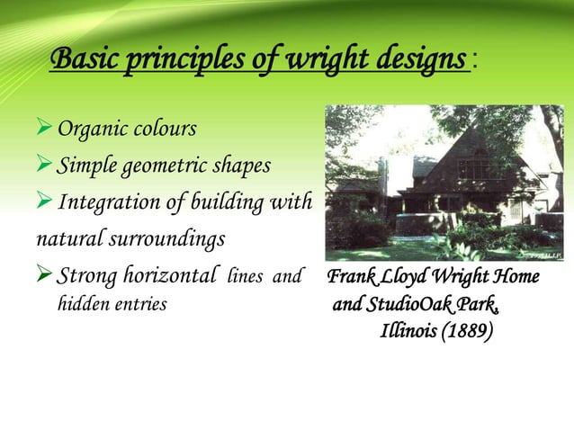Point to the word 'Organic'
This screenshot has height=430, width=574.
pyautogui.click(x=90, y=129)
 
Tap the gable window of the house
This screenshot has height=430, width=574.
pyautogui.click(x=472, y=168)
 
